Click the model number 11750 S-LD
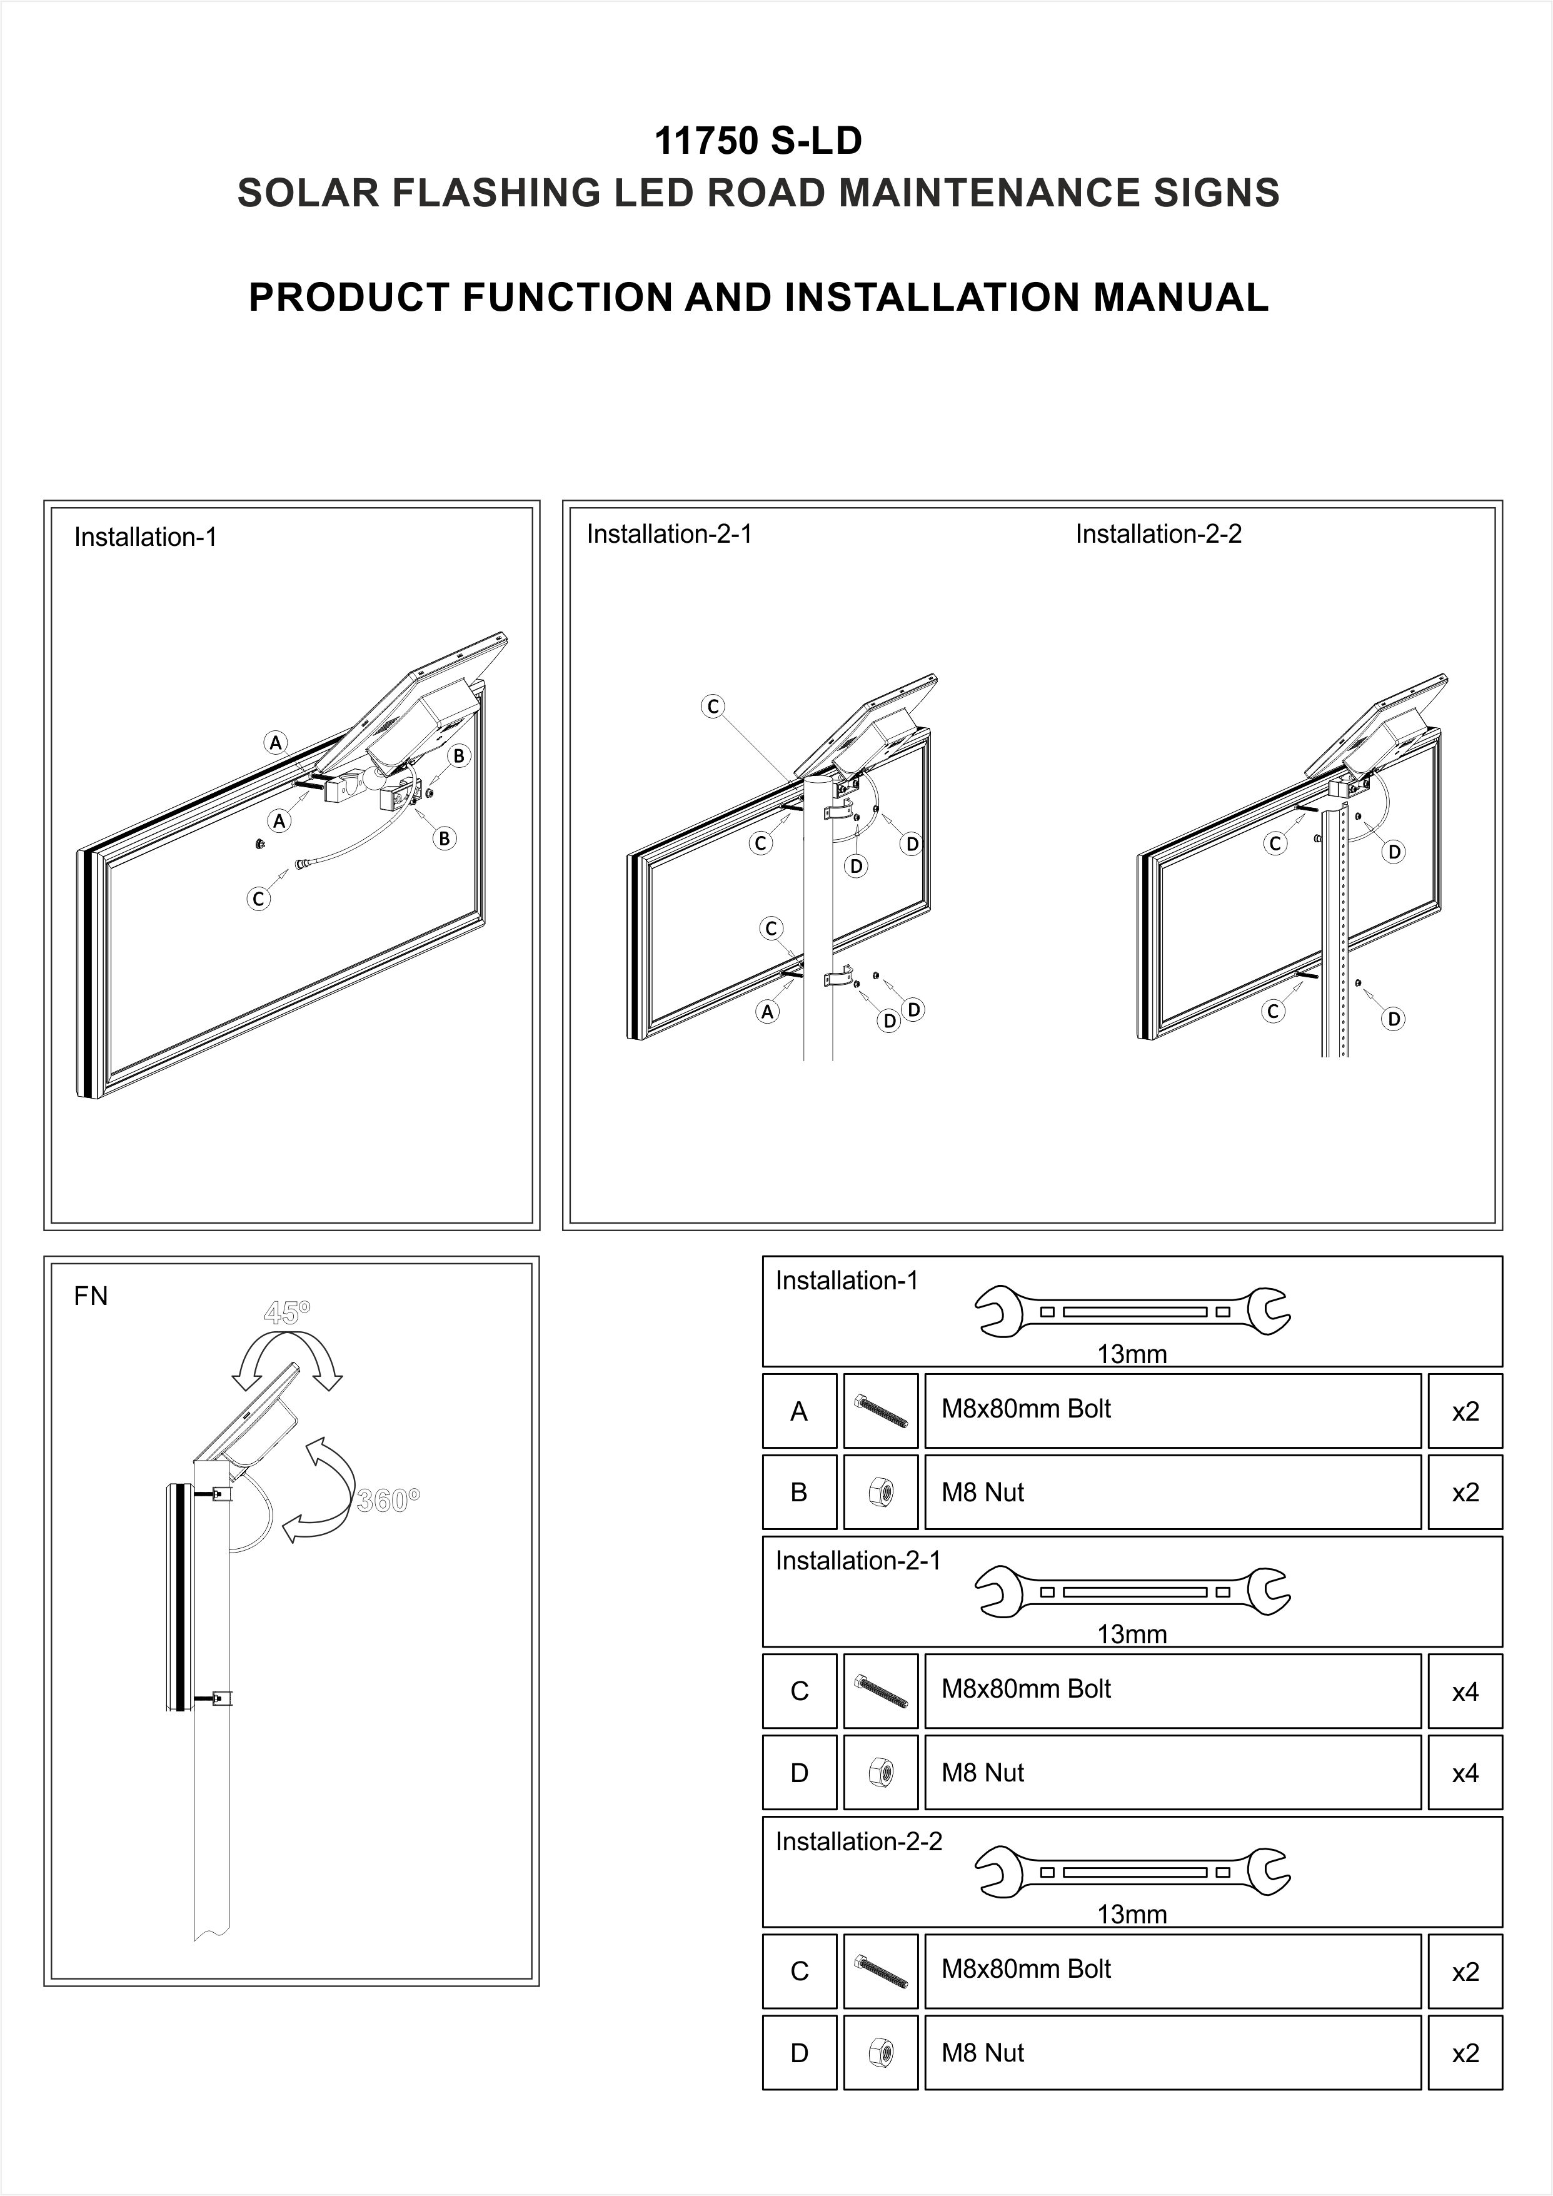(757, 141)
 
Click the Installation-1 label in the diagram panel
(145, 538)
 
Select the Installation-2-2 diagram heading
(1158, 534)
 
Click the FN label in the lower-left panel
(91, 1296)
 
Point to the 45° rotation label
(287, 1312)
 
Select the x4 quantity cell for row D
(1464, 1773)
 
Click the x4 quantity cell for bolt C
(1464, 1692)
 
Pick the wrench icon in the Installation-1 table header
(1132, 1311)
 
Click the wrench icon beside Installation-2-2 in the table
(1132, 1871)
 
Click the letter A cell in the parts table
(800, 1412)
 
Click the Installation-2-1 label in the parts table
(858, 1561)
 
